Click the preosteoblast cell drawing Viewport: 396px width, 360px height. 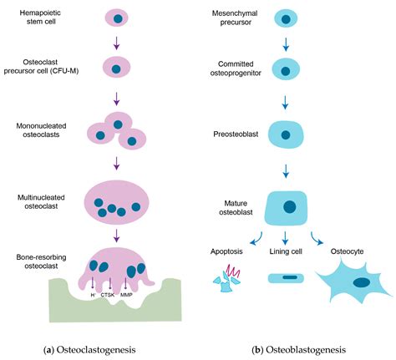tap(288, 134)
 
